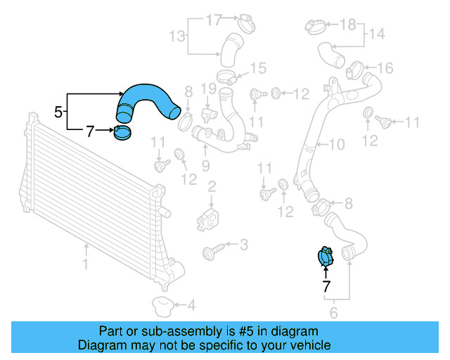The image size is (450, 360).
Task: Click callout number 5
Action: (59, 111)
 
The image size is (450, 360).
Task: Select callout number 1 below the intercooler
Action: (86, 265)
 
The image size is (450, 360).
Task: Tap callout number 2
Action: (210, 186)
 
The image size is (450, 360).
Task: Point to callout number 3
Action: (243, 245)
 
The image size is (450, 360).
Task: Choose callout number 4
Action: (191, 305)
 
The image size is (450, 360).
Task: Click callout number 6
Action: (333, 312)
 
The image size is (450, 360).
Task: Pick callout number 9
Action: (206, 165)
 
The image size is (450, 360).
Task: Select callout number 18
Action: (348, 25)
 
